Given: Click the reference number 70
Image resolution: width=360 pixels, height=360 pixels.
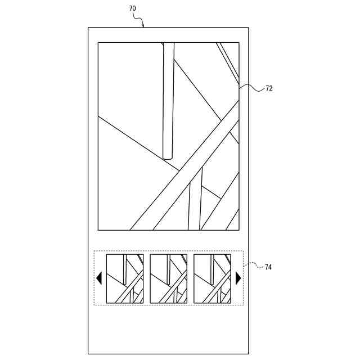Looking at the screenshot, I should click(132, 9).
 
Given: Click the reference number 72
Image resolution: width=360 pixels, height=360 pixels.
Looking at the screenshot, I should click(269, 88).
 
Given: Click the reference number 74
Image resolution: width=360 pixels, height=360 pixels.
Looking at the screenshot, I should click(268, 267).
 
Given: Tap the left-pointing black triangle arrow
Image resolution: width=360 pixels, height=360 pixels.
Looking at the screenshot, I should click(100, 278).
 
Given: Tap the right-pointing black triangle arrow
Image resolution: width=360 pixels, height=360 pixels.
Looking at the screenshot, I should click(238, 278).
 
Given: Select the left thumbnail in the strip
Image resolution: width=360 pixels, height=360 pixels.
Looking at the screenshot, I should click(125, 278).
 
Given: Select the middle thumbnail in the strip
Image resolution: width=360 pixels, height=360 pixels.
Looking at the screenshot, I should click(168, 278).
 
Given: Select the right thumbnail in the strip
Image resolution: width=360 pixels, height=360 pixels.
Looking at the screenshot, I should click(212, 278).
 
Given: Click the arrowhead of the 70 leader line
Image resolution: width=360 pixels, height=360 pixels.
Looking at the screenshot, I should click(143, 25).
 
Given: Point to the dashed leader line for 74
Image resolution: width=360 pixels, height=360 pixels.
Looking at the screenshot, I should click(253, 264).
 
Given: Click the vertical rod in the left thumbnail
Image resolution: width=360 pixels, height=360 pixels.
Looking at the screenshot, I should click(125, 269).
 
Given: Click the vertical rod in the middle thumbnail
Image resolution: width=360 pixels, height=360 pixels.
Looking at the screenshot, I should click(168, 269).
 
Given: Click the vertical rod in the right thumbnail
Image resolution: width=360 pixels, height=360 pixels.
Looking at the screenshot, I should click(212, 269).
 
